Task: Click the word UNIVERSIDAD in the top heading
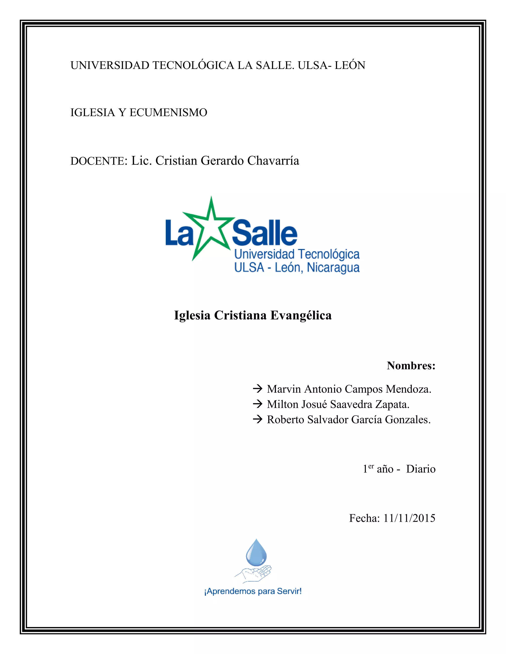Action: pyautogui.click(x=110, y=65)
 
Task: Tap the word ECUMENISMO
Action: pyautogui.click(x=168, y=113)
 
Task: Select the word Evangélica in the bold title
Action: pyautogui.click(x=301, y=315)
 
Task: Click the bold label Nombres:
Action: pyautogui.click(x=411, y=366)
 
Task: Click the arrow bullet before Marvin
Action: pyautogui.click(x=257, y=389)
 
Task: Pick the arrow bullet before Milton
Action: pyautogui.click(x=257, y=404)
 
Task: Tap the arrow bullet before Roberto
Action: pyautogui.click(x=257, y=420)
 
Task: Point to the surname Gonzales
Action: pyautogui.click(x=407, y=420)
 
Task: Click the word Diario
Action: pyautogui.click(x=421, y=469)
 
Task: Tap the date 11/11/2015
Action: pyautogui.click(x=409, y=518)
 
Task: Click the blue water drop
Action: pyautogui.click(x=256, y=553)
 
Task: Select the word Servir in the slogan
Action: pyautogui.click(x=288, y=591)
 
